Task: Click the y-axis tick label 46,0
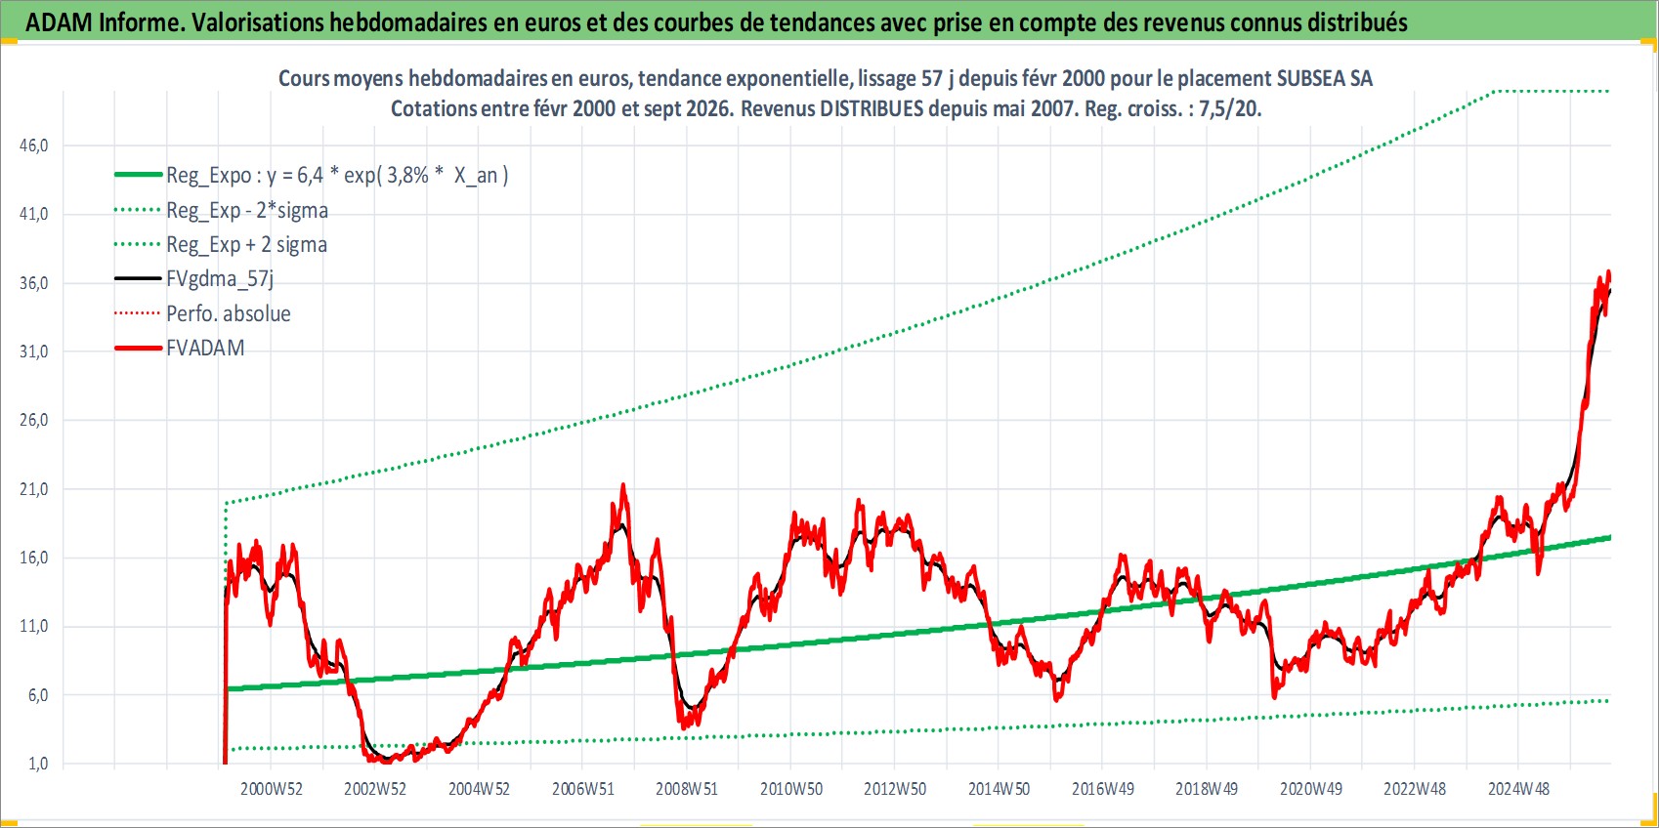[34, 145]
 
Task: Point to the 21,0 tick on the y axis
[34, 489]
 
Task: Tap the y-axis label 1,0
[38, 764]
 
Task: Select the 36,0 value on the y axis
[34, 283]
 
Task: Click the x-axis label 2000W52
[271, 789]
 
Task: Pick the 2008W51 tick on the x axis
[687, 789]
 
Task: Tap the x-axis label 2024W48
[1518, 789]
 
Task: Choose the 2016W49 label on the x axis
[1103, 789]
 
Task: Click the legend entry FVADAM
[205, 348]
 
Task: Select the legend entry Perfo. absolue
[228, 313]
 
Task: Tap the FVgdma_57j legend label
[220, 279]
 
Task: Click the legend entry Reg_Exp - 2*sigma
[246, 210]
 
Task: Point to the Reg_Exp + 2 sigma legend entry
[246, 244]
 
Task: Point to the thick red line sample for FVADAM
[138, 348]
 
